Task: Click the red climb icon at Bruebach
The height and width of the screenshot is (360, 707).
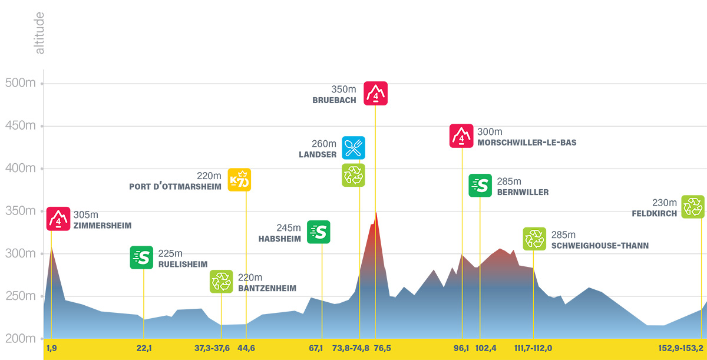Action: click(375, 93)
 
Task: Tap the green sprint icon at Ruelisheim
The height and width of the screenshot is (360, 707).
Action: click(141, 257)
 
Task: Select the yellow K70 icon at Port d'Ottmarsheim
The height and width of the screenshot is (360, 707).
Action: click(240, 180)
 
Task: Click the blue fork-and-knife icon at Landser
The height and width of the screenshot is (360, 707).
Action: click(353, 148)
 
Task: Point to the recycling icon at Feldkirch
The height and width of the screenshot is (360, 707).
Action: click(693, 207)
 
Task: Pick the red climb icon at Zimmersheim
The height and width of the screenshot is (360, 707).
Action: click(58, 219)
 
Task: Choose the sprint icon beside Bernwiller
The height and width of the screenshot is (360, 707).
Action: click(480, 186)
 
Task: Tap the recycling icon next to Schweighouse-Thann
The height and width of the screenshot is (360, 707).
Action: click(534, 239)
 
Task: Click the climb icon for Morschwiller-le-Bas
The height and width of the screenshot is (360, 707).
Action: click(461, 136)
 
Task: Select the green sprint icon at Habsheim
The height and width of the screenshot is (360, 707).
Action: click(319, 232)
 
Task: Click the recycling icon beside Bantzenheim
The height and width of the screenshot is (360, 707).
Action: click(222, 282)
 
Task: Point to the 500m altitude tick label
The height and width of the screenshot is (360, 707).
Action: click(21, 83)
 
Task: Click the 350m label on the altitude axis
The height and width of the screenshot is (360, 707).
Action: click(21, 211)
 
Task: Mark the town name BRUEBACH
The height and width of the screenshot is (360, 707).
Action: click(335, 101)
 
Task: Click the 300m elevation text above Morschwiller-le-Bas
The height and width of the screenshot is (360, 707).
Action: click(490, 132)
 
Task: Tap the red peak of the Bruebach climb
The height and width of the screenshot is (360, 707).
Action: click(376, 213)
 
